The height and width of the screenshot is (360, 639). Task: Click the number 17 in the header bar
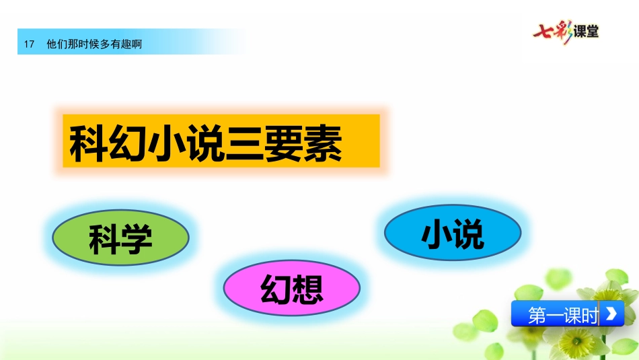click(29, 44)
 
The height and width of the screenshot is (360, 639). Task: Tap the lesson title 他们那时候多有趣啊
click(94, 44)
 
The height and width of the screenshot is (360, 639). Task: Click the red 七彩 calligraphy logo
click(553, 32)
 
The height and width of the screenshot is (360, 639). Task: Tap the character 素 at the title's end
click(323, 143)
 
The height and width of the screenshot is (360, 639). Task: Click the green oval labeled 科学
click(120, 238)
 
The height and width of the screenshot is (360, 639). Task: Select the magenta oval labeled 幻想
click(292, 288)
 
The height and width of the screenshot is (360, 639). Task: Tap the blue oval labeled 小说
click(453, 232)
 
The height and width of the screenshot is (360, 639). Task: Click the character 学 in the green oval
click(137, 239)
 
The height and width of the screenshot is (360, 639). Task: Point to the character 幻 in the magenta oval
click(276, 289)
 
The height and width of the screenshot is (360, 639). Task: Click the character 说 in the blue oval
click(469, 233)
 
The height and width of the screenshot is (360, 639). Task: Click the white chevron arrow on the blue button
click(611, 314)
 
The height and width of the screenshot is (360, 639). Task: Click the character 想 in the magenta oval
click(307, 289)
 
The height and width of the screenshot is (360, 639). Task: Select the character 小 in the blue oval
click(437, 233)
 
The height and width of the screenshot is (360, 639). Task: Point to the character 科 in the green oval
click(105, 239)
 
